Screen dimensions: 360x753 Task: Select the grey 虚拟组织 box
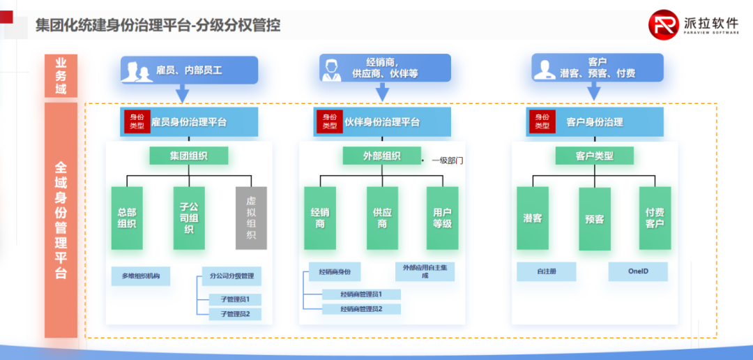[x=251, y=218]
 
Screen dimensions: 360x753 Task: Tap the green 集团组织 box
[x=188, y=156]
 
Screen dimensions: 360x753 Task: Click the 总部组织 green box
[x=127, y=218]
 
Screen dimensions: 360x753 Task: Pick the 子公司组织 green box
[x=189, y=218]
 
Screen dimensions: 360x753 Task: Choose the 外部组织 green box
[x=381, y=156]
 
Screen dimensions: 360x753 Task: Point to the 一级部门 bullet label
[x=446, y=160]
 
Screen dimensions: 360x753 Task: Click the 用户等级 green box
[x=443, y=218]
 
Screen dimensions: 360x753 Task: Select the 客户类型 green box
[x=594, y=156]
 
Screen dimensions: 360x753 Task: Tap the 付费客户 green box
[x=655, y=218]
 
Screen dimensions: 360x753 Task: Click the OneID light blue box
[x=638, y=271]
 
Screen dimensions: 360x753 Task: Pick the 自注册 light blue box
[x=547, y=271]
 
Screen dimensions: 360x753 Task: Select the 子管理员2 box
[x=235, y=314]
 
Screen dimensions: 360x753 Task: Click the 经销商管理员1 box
[x=361, y=294]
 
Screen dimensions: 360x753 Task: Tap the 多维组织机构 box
[x=141, y=276]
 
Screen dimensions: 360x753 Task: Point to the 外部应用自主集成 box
[x=425, y=271]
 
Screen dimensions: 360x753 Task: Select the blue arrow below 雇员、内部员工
[x=182, y=93]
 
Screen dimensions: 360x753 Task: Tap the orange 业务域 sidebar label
[x=61, y=76]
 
